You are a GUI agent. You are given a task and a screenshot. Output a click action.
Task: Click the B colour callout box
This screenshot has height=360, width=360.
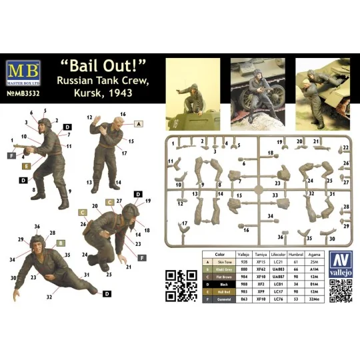(x=61, y=243)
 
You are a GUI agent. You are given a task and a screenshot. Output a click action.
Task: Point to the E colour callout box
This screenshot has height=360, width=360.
(x=26, y=165)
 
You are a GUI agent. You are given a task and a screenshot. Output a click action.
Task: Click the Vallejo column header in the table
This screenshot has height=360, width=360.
(x=244, y=255)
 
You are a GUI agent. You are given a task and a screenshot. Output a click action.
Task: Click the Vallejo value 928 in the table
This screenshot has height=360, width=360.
(x=244, y=262)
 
